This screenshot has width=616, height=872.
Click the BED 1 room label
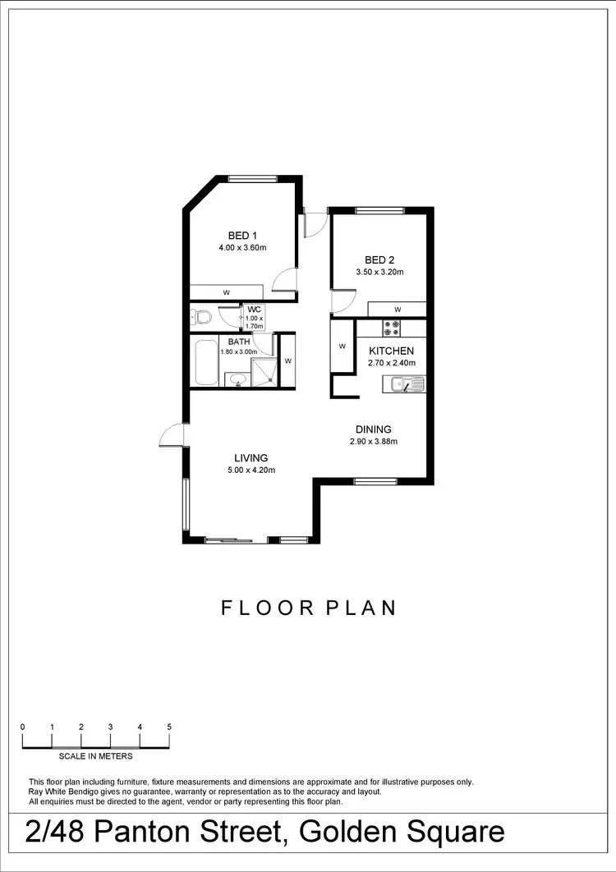click(x=237, y=236)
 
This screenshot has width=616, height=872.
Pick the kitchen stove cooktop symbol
click(x=391, y=328)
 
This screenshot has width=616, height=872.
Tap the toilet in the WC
click(x=201, y=316)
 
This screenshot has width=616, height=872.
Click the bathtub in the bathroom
click(x=205, y=362)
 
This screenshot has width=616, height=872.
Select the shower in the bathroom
click(x=263, y=371)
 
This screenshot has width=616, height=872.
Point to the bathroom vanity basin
click(x=237, y=379)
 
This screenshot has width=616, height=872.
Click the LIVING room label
click(x=251, y=458)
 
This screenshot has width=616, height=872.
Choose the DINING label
click(x=373, y=429)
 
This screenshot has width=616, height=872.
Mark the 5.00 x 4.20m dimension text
click(x=251, y=470)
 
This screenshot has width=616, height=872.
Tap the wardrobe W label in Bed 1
click(x=226, y=292)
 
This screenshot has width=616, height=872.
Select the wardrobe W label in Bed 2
click(x=397, y=310)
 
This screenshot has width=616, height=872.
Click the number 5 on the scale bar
click(x=169, y=727)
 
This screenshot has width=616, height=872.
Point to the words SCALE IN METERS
click(x=95, y=756)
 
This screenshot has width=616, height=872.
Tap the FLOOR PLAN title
click(x=309, y=608)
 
